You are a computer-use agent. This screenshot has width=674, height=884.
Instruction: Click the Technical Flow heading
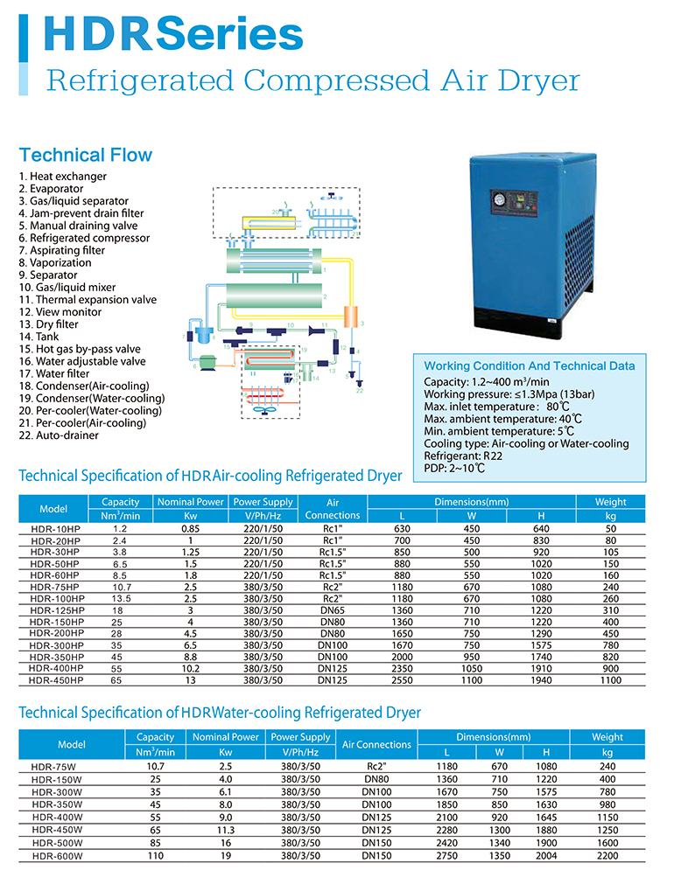coord(86,156)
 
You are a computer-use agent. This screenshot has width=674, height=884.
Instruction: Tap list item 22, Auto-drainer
coord(59,435)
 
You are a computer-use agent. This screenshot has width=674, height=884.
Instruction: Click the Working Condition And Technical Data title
coord(529,366)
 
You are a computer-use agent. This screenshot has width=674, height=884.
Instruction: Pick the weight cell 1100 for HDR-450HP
coord(610,679)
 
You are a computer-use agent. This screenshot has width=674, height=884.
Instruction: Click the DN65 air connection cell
coord(333,610)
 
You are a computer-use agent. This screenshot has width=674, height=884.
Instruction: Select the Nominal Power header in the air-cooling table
coord(190,502)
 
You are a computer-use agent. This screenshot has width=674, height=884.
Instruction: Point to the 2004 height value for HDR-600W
coord(546,857)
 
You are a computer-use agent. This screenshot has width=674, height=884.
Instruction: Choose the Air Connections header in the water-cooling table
coord(376,745)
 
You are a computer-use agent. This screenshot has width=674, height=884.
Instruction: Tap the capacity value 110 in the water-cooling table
coord(156,857)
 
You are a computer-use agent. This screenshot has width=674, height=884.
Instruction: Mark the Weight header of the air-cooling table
coord(610,502)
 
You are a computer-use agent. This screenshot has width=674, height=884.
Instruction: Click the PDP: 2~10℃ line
coord(454,469)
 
